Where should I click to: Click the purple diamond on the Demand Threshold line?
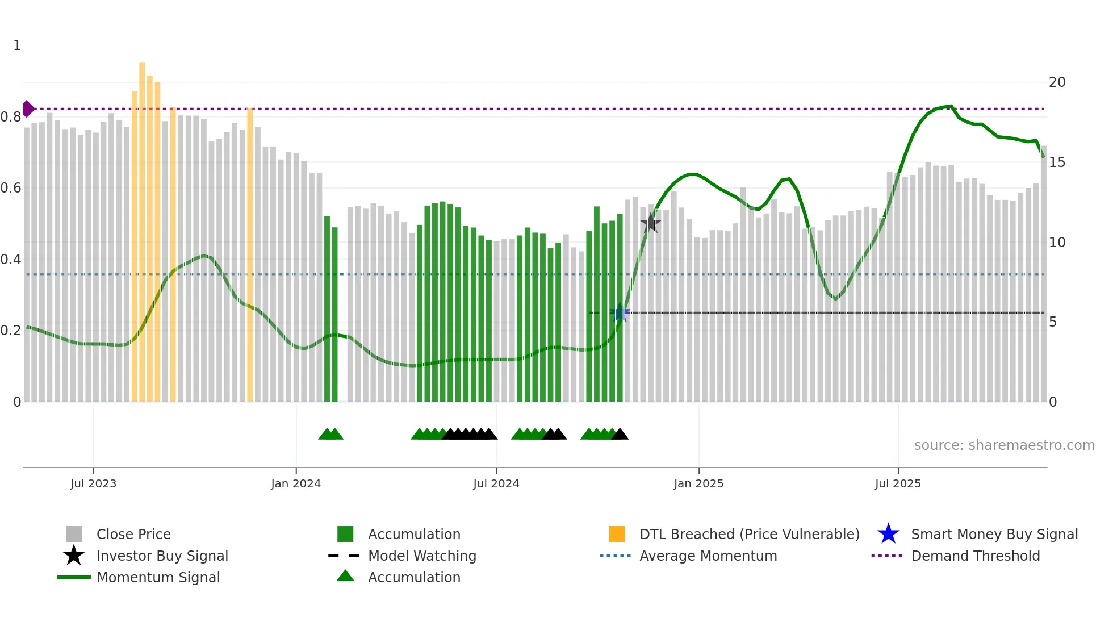(x=28, y=108)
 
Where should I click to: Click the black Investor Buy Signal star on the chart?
(x=651, y=223)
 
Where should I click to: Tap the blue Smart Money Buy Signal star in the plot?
(x=621, y=313)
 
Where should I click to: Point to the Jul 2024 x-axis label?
(x=496, y=483)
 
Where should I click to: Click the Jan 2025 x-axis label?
(x=698, y=483)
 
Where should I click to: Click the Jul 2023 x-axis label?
(x=93, y=483)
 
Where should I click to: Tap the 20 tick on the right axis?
(x=1057, y=82)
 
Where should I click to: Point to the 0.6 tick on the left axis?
(x=11, y=188)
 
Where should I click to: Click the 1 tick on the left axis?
(x=17, y=45)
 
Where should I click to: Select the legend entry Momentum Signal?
(x=158, y=577)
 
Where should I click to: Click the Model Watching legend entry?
(x=422, y=556)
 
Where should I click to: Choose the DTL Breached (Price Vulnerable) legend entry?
(x=749, y=534)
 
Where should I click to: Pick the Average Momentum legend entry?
(x=708, y=556)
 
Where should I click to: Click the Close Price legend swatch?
(x=74, y=534)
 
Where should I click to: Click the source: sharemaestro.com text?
(x=1004, y=445)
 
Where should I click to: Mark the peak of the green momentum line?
(x=951, y=106)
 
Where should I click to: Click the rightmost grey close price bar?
(x=1044, y=273)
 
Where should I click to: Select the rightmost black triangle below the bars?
(x=620, y=435)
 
